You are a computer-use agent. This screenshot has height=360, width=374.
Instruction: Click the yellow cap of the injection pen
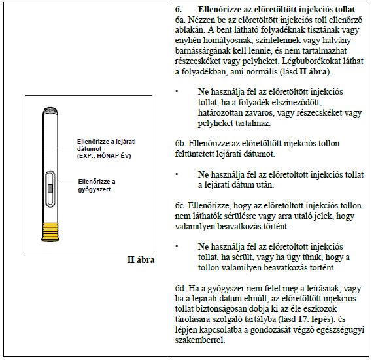[x=50, y=232]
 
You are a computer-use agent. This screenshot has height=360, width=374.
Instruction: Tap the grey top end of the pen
[x=50, y=111]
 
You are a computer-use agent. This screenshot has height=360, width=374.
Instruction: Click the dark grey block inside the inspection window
[x=50, y=188]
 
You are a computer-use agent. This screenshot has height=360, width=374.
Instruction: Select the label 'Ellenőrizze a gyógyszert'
[x=97, y=186]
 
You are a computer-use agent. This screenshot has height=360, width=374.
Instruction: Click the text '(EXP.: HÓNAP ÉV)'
[x=104, y=156]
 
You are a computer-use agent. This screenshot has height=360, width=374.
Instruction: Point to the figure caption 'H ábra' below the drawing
[x=141, y=259]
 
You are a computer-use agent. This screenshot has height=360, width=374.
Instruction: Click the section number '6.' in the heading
[x=178, y=10]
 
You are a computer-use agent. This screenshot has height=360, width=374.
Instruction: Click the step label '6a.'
[x=180, y=20]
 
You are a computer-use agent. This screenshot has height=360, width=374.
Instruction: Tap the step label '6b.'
[x=180, y=144]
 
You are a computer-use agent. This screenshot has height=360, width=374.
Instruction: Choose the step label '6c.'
[x=180, y=206]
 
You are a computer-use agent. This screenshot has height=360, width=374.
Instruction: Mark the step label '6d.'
[x=180, y=289]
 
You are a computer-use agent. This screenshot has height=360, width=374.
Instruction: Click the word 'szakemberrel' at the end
[x=200, y=340]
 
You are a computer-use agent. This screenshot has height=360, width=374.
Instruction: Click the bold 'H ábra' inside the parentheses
[x=313, y=71]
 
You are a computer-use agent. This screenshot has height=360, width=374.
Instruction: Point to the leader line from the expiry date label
[x=63, y=148]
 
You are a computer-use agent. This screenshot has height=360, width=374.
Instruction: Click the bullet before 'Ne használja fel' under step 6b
[x=177, y=174]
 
